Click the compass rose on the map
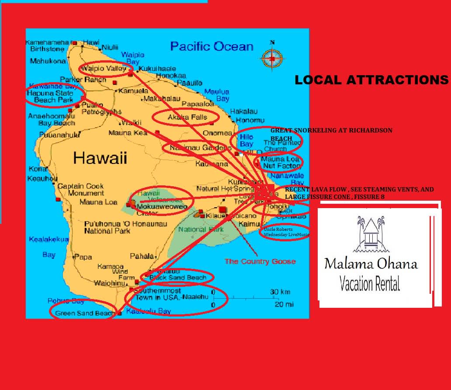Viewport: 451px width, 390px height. pos(272,58)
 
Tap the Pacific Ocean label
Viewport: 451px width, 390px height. pos(212,46)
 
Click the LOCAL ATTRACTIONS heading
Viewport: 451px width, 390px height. pos(371,80)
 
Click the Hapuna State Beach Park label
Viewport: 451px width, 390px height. pos(50,96)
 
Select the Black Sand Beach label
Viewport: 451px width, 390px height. pos(177,277)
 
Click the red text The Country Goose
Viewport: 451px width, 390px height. pos(260,261)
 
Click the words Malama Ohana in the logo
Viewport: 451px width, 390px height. pos(371,264)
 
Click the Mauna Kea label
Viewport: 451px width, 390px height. pos(128,132)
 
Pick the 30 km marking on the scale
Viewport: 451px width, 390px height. pos(280,292)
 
